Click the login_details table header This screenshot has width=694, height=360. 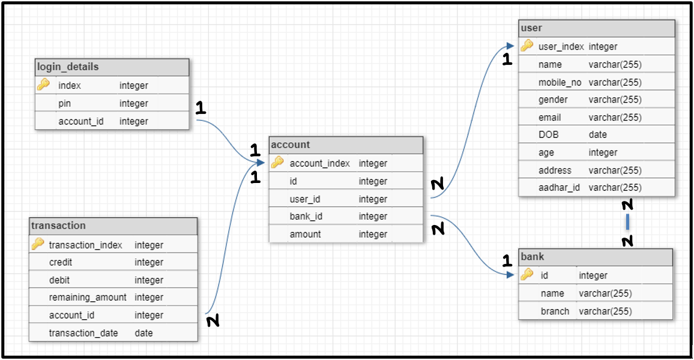pyautogui.click(x=68, y=67)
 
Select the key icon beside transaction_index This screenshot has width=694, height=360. pyautogui.click(x=38, y=244)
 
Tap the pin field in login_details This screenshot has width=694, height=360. pyautogui.click(x=65, y=103)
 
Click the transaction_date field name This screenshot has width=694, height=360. pyautogui.click(x=83, y=333)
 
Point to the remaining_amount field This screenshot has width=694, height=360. pyautogui.click(x=88, y=298)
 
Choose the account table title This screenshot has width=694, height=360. pyautogui.click(x=291, y=145)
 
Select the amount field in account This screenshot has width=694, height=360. pyautogui.click(x=305, y=235)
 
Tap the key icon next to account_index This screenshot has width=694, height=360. pyautogui.click(x=277, y=163)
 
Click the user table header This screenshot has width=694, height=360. pyautogui.click(x=531, y=28)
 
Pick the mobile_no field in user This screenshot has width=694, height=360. pyautogui.click(x=560, y=82)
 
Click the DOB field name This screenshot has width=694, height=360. pyautogui.click(x=548, y=135)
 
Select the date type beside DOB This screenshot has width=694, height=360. pyautogui.click(x=597, y=135)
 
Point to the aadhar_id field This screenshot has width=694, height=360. pyautogui.click(x=559, y=188)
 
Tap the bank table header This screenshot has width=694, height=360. pyautogui.click(x=533, y=257)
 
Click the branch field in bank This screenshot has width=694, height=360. pyautogui.click(x=555, y=311)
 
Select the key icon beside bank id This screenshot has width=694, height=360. pyautogui.click(x=527, y=275)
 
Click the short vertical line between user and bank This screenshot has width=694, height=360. pyautogui.click(x=627, y=223)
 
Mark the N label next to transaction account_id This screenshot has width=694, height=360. pyautogui.click(x=213, y=322)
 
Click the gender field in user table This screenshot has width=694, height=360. pyautogui.click(x=553, y=100)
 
